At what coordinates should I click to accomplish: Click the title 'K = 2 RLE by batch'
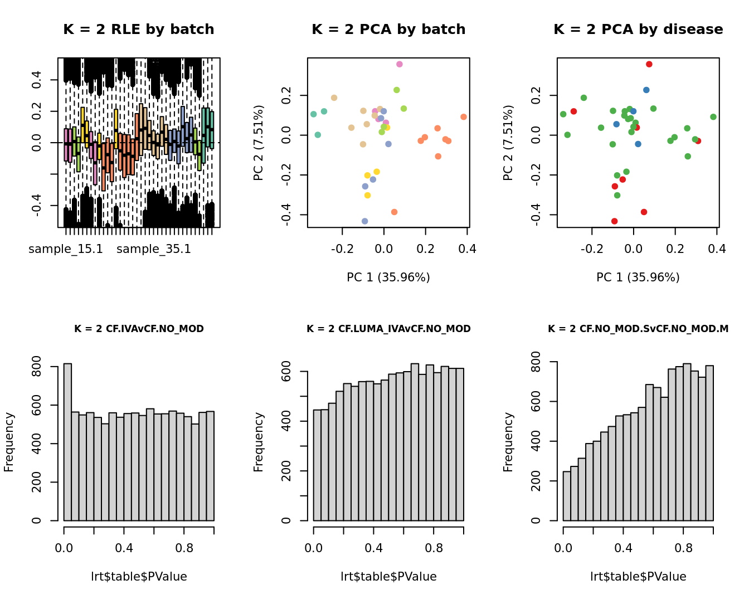tap(138, 30)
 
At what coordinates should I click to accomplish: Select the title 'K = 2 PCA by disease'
tap(638, 30)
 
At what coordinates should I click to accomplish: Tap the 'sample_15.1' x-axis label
tap(66, 249)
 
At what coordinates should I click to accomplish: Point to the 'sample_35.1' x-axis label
tap(154, 249)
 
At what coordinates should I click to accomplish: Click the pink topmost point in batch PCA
tap(400, 65)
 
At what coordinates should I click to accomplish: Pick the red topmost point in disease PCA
tap(649, 65)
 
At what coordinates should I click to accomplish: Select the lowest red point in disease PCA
tap(615, 221)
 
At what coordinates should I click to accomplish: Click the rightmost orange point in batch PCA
tap(464, 117)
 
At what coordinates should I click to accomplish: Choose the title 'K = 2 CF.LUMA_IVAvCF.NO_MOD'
tap(388, 329)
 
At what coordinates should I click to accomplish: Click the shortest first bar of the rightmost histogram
tap(567, 496)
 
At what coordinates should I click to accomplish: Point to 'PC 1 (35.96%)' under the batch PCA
tap(388, 277)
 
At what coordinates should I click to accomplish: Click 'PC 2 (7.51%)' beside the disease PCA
tap(508, 143)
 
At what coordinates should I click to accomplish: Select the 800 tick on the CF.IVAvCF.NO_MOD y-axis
tap(37, 367)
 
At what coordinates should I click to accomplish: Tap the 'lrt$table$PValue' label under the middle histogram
tap(388, 577)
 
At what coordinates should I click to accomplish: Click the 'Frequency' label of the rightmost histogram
tap(508, 442)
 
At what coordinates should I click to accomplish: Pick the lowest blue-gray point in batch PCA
tap(365, 221)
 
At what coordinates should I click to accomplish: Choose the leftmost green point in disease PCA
tap(563, 114)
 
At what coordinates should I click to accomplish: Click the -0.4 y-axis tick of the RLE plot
tap(37, 206)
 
